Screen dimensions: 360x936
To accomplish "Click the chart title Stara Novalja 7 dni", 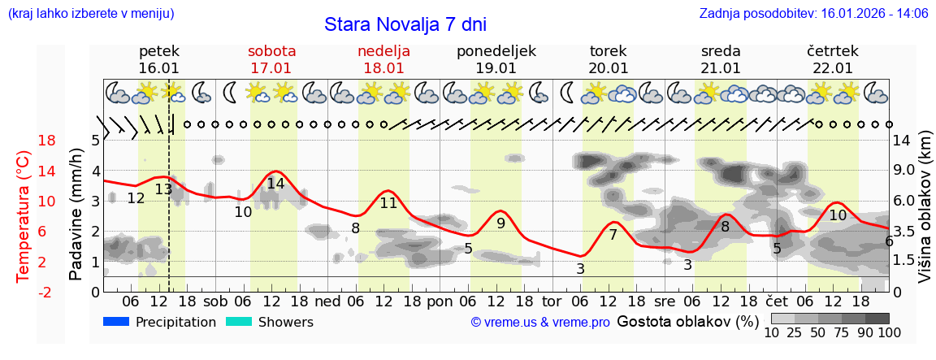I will pyautogui.click(x=405, y=24).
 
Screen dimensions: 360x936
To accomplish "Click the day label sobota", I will pyautogui.click(x=271, y=51).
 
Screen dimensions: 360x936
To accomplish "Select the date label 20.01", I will pyautogui.click(x=609, y=68).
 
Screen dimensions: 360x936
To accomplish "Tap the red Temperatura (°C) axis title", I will pyautogui.click(x=24, y=216).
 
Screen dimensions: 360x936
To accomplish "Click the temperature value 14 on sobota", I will pyautogui.click(x=275, y=184).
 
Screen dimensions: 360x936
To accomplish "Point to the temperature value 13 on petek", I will pyautogui.click(x=163, y=189).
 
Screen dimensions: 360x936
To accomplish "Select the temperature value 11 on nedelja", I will pyautogui.click(x=388, y=203).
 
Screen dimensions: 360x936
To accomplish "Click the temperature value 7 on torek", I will pyautogui.click(x=613, y=235).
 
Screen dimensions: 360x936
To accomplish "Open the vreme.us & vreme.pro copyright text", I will pyautogui.click(x=540, y=323).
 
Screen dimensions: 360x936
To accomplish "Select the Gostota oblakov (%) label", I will pyautogui.click(x=688, y=322).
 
